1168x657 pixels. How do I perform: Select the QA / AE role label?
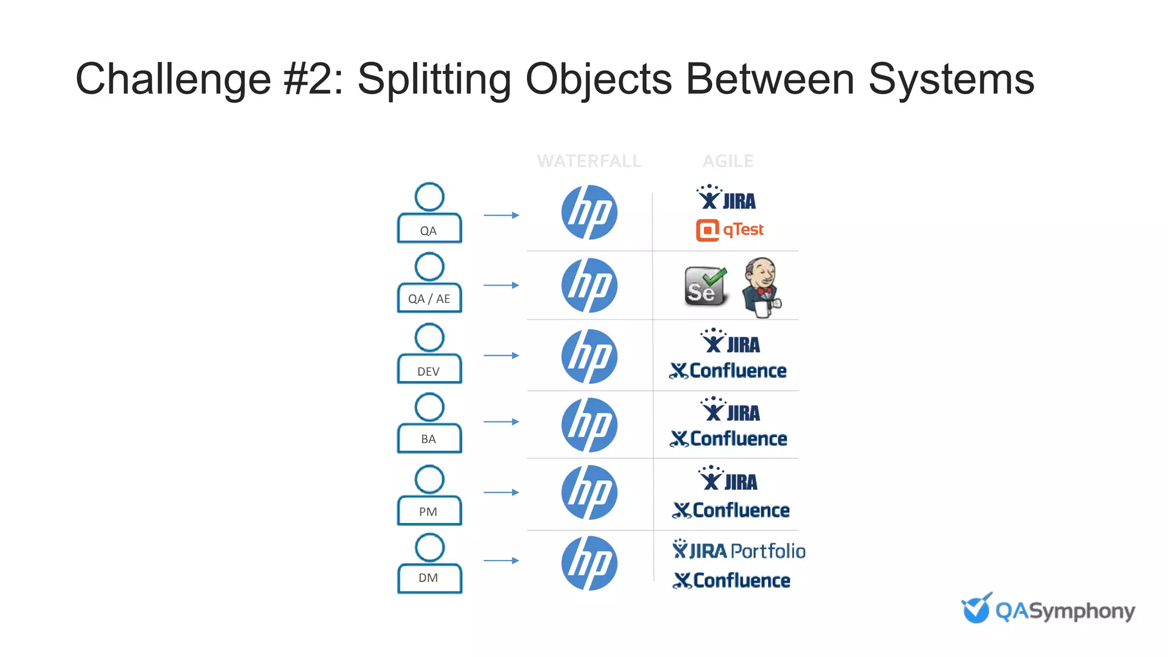(429, 298)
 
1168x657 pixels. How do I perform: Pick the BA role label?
(429, 439)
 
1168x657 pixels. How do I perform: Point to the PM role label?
(429, 510)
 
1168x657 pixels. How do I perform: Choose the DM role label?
(429, 578)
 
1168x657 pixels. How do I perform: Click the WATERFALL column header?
(589, 161)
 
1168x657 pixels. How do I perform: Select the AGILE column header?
(728, 161)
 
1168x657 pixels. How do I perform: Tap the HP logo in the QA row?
(589, 212)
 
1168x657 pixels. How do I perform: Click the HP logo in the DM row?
(589, 563)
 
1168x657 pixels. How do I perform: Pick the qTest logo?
(729, 230)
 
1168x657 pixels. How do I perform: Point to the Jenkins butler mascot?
(762, 287)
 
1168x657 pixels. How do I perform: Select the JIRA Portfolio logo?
(739, 550)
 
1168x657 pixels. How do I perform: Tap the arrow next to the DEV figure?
(501, 355)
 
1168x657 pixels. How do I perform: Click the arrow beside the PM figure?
(501, 492)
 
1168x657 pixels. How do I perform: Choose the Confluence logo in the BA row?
(728, 439)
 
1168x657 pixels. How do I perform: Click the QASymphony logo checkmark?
(976, 609)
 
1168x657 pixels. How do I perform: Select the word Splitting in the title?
(434, 79)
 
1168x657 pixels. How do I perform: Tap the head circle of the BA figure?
(429, 407)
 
